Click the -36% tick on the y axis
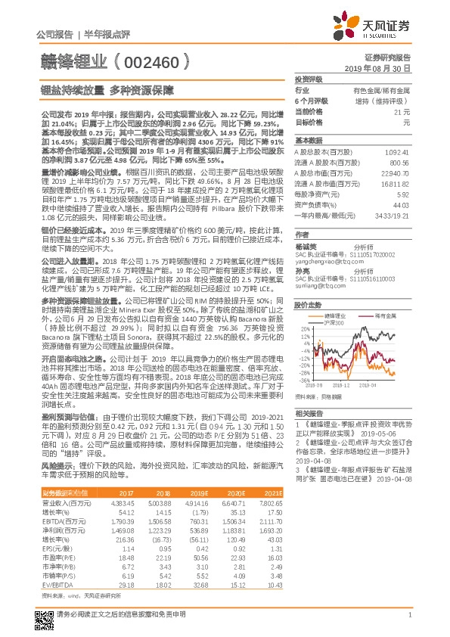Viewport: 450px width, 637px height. (303, 381)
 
